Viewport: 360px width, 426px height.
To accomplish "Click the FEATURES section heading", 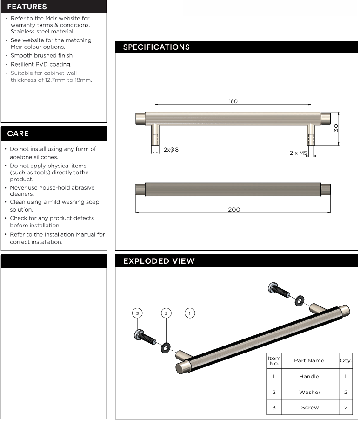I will point(27,7).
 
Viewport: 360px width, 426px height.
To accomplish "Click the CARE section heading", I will point(18,133).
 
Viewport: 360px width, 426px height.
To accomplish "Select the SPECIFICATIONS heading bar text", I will point(156,47).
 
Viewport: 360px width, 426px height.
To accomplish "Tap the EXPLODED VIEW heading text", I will point(159,261).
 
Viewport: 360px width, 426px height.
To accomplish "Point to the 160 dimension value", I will point(233,101).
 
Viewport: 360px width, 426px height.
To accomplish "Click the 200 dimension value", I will point(234,210).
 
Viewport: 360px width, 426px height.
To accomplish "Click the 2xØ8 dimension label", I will point(171,150).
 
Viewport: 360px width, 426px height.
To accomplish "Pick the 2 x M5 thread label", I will point(298,153).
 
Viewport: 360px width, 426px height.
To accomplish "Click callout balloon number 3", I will point(137,313).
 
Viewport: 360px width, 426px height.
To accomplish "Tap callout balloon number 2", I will point(166,313).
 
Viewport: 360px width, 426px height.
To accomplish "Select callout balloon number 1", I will point(189,313).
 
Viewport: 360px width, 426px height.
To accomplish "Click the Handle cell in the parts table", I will point(309,376).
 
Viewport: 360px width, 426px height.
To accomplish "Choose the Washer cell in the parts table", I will point(309,392).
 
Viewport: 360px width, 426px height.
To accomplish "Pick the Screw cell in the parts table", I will point(309,407).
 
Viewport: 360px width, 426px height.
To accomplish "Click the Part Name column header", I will point(309,360).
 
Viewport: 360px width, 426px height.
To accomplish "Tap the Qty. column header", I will point(346,360).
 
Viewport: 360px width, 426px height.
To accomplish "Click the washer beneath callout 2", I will point(165,347).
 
